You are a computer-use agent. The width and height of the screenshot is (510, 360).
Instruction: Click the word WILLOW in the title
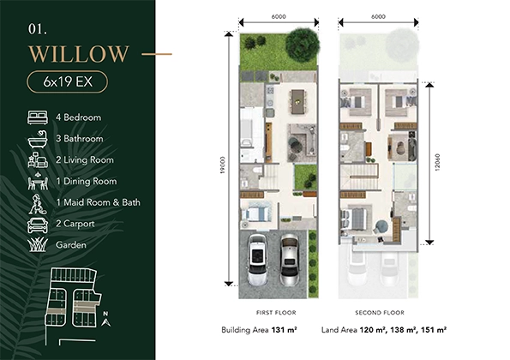coord(78,54)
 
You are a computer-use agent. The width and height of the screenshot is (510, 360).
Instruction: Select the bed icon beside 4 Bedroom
coord(38,117)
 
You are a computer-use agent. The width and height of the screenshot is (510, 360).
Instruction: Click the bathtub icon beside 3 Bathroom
coord(38,139)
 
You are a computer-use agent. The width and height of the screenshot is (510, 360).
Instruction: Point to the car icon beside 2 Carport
coord(38,224)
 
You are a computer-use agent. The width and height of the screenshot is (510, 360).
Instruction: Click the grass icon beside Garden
coord(38,244)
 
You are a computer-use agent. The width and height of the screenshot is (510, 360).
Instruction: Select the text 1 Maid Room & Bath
coord(98,203)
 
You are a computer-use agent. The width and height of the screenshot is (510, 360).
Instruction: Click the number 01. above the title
coord(37,28)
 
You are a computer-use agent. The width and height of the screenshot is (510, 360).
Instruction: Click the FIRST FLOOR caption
coord(265,312)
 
